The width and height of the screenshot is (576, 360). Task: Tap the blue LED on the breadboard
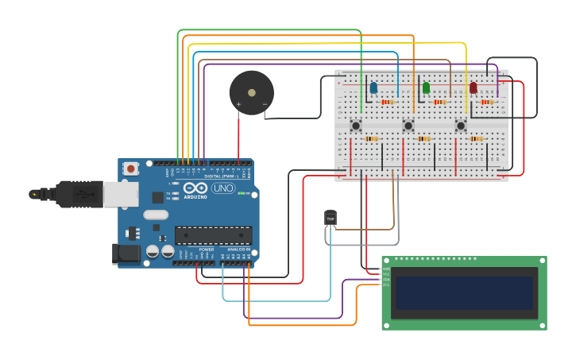pos(373,87)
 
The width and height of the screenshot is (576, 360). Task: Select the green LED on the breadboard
pos(426,87)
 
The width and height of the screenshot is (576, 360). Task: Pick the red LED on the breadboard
pos(473,87)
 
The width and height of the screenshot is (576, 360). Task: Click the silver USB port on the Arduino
pos(122,194)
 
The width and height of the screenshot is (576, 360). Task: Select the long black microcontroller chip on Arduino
pos(213,235)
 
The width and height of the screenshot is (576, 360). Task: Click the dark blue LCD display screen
pos(465,292)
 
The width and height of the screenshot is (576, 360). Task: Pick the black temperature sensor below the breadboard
pos(331,217)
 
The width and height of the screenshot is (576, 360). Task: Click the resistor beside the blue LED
pos(388,102)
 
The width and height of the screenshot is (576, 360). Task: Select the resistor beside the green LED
pos(439,102)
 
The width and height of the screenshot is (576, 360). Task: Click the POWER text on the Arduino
pos(207,250)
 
